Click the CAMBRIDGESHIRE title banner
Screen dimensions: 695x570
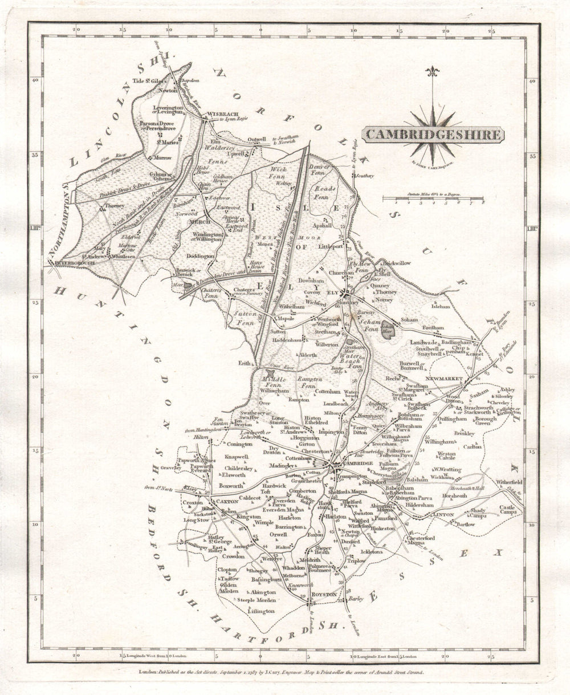433,135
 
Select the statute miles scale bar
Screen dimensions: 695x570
433,198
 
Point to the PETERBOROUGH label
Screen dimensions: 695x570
75,263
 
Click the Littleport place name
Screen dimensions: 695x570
331,247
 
